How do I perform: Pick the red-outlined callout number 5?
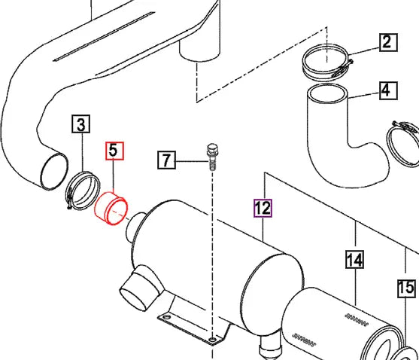click(113, 151)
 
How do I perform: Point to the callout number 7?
click(168, 160)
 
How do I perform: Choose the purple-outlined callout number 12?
click(262, 209)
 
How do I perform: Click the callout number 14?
click(354, 261)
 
